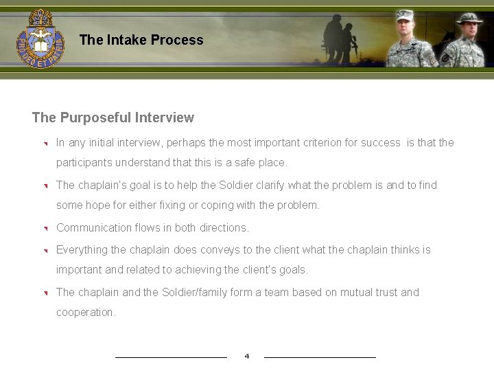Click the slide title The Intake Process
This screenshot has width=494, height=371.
point(141,40)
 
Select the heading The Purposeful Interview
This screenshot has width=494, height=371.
point(113,117)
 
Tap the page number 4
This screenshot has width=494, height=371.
point(247,356)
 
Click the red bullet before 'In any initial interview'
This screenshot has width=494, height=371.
point(43,144)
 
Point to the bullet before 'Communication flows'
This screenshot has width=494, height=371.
point(43,229)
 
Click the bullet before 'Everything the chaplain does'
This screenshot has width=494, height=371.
point(43,251)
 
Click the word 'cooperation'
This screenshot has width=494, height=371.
point(86,313)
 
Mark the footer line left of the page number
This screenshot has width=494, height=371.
point(171,357)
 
